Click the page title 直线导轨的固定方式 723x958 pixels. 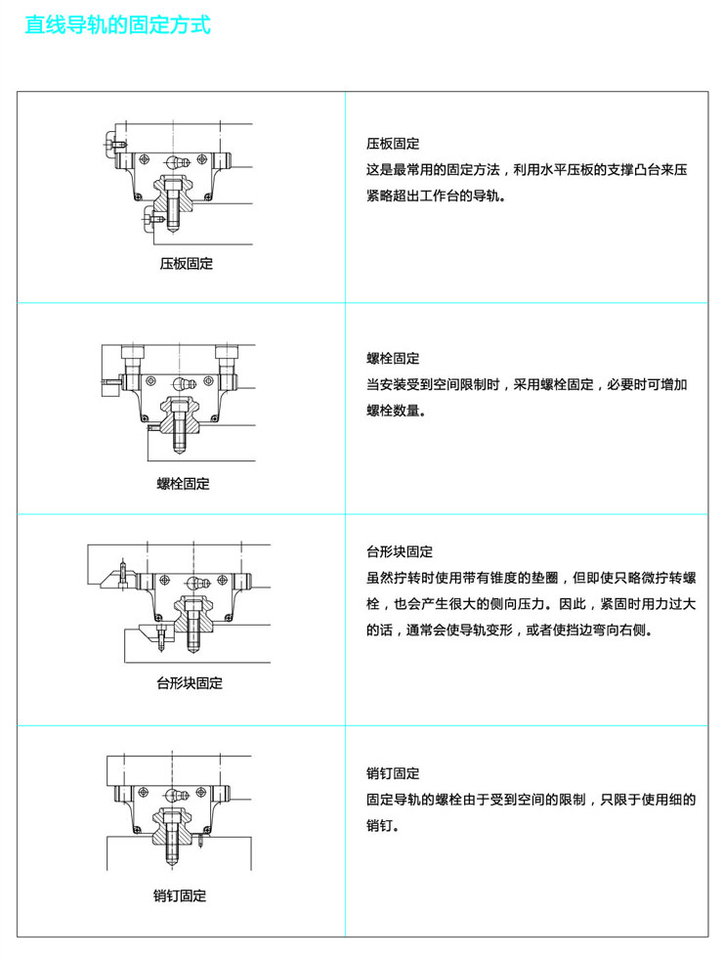click(117, 24)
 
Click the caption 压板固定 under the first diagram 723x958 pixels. click(186, 264)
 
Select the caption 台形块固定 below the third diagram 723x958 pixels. click(190, 682)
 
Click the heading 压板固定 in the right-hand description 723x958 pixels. click(393, 144)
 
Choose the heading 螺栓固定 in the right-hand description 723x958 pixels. click(393, 359)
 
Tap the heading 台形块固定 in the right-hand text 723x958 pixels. click(400, 551)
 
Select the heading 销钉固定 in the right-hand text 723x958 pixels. click(393, 773)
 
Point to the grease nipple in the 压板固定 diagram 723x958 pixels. click(176, 161)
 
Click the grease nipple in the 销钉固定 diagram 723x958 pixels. click(175, 795)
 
